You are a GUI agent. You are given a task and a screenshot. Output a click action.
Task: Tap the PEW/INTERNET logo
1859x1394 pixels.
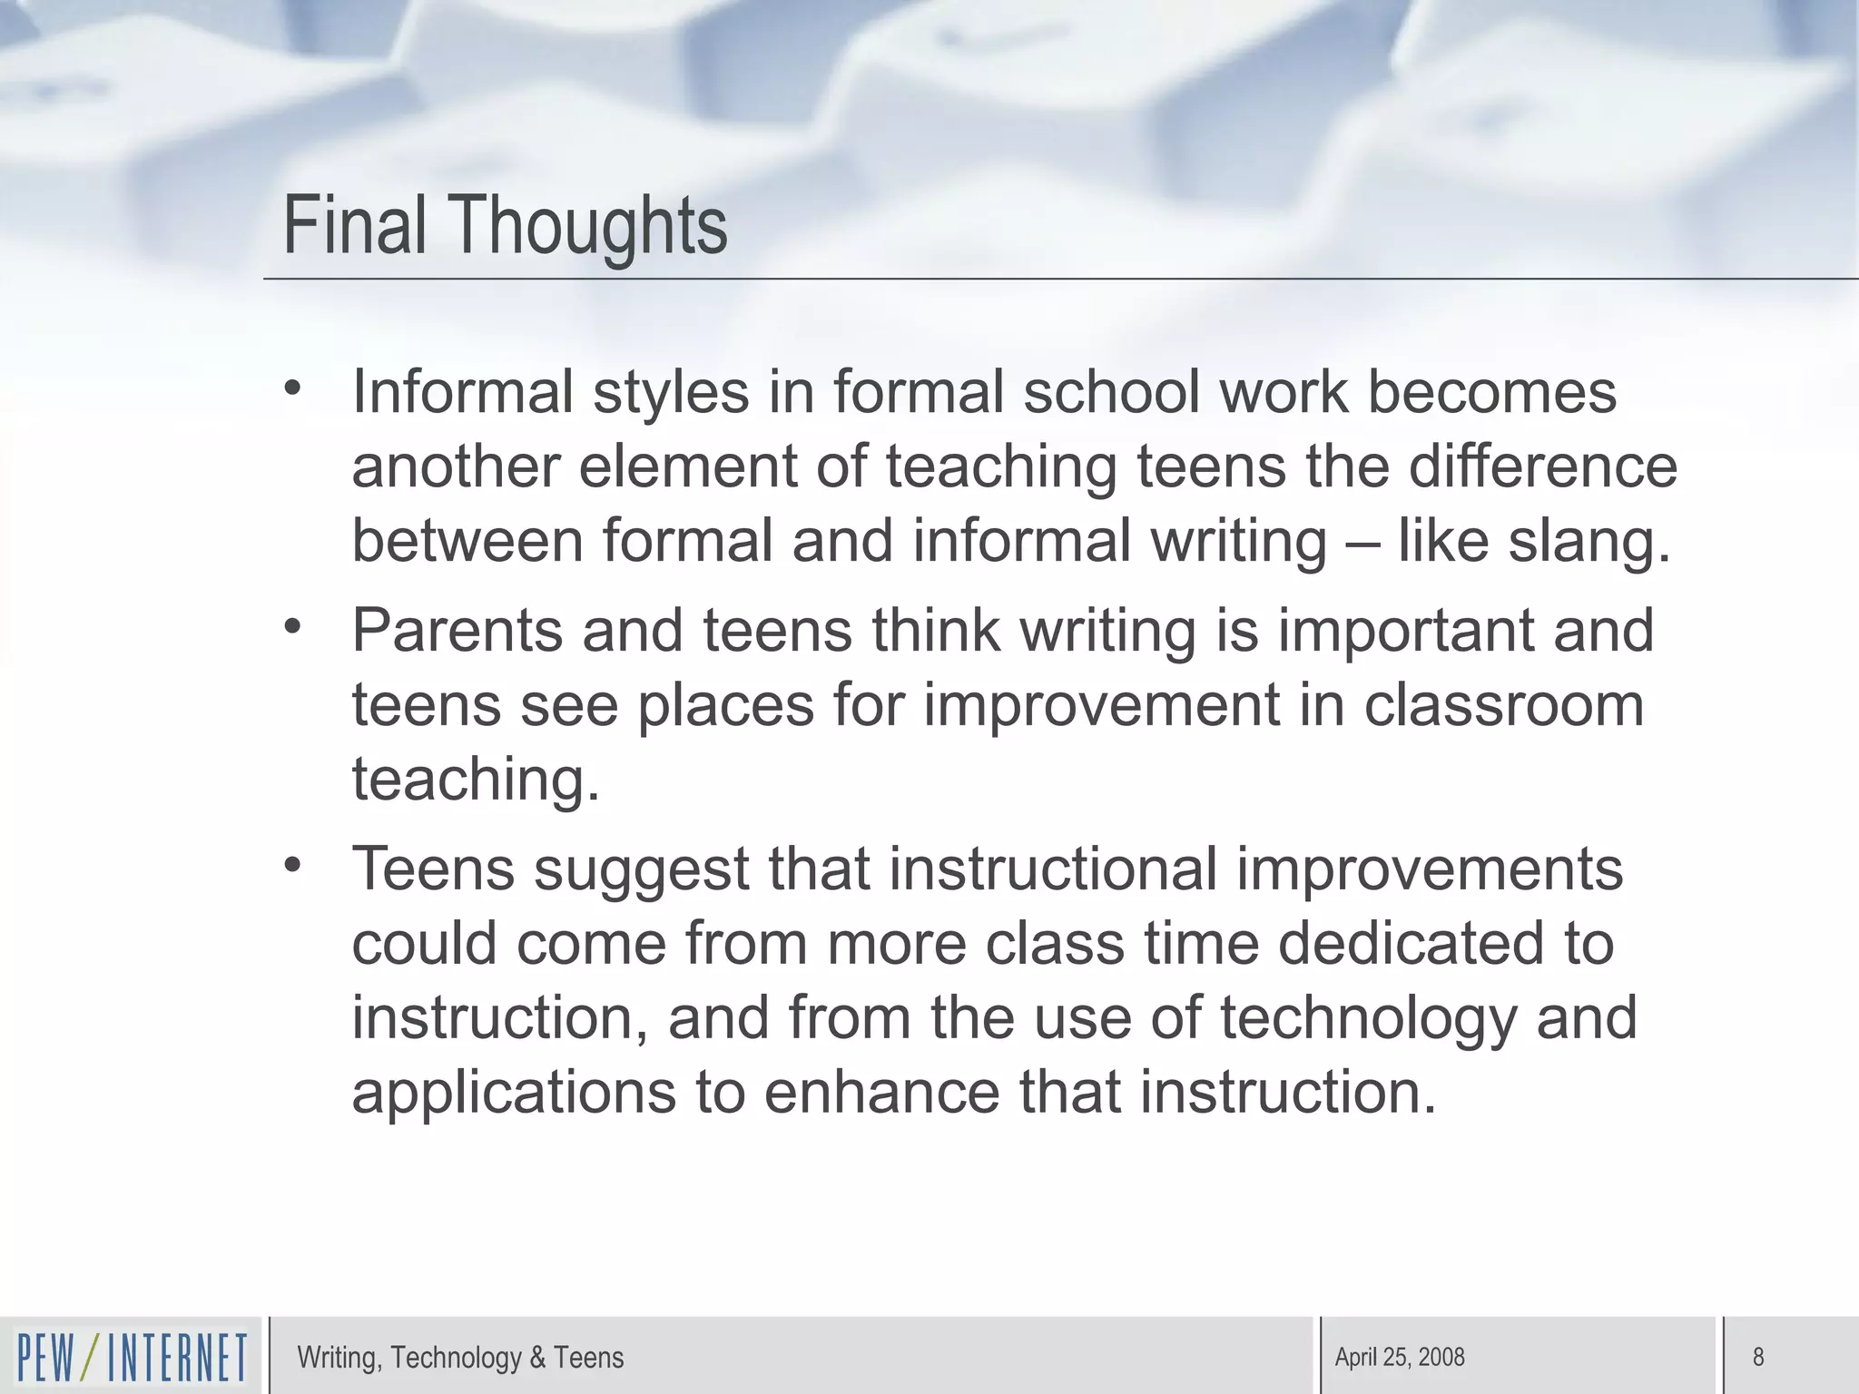[x=133, y=1358]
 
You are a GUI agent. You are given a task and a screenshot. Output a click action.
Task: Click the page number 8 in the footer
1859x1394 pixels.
[x=1758, y=1357]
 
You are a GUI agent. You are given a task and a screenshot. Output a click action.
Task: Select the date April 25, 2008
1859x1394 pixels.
[x=1400, y=1357]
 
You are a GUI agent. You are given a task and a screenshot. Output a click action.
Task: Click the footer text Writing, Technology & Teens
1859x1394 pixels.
[x=460, y=1357]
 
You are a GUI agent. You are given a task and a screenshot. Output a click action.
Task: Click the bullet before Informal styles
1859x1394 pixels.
[x=291, y=388]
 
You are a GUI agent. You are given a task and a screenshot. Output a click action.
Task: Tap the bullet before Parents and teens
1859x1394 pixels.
[x=291, y=626]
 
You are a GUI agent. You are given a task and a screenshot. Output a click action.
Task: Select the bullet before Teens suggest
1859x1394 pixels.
[x=291, y=865]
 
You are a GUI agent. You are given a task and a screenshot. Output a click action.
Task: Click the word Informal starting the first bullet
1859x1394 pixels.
[x=463, y=392]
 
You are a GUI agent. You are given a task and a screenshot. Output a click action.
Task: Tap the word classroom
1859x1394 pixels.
[x=1504, y=705]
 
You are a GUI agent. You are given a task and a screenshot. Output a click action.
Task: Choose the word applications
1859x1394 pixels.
[x=514, y=1093]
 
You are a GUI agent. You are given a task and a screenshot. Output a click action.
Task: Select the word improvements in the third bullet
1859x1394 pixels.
[x=1429, y=869]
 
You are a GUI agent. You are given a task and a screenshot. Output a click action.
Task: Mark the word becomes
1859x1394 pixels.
[x=1491, y=392]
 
